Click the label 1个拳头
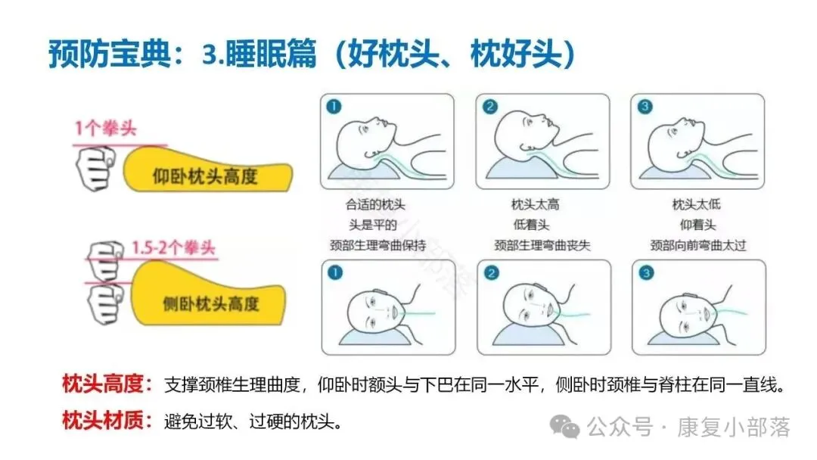(x=106, y=128)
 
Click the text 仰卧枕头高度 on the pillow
(x=205, y=176)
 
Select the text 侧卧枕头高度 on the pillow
(x=210, y=303)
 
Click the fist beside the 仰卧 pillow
(x=95, y=168)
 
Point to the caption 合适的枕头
(x=375, y=204)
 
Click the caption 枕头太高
(x=535, y=204)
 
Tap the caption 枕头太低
(x=697, y=204)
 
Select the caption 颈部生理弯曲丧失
(x=542, y=245)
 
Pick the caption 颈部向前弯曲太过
(x=698, y=245)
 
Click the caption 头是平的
(x=373, y=225)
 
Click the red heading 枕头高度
(x=103, y=384)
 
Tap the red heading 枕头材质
(x=103, y=420)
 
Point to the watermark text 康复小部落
(x=734, y=427)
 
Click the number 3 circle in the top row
(x=645, y=107)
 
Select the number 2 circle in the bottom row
(x=492, y=273)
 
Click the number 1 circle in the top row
(x=334, y=107)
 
